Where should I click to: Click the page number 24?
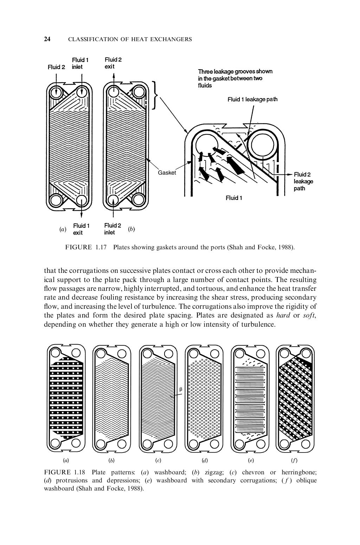pos(47,39)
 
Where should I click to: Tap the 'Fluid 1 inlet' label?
pos(80,63)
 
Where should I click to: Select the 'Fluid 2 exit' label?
pos(113,63)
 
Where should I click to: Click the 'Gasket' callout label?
pos(167,173)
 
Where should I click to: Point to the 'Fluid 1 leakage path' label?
pos(252,99)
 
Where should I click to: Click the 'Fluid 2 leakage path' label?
pos(303,181)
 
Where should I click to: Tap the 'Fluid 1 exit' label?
pos(81,229)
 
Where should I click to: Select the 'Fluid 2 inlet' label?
pos(112,229)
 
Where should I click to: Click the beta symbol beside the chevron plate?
pos(181,389)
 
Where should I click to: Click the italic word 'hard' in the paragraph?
pos(283,315)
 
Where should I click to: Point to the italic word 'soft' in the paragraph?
pos(309,315)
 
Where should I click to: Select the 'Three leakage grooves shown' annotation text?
pos(235,71)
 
